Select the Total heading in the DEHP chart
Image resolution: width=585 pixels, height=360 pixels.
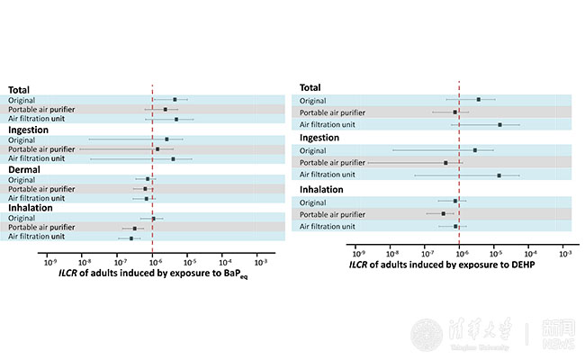click(310, 87)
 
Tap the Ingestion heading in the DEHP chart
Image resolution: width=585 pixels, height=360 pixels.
click(319, 138)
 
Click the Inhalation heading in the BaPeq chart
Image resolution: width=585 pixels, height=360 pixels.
click(31, 208)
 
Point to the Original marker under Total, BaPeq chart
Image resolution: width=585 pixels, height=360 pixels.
click(175, 100)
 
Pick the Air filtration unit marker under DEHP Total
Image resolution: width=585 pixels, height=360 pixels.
click(499, 125)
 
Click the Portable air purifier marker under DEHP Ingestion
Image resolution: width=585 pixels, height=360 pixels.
click(445, 163)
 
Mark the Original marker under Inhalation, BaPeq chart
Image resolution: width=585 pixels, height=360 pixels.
click(154, 219)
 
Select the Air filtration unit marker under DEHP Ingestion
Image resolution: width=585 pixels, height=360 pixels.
click(499, 175)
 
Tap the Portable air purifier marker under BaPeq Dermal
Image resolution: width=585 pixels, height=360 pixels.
click(146, 189)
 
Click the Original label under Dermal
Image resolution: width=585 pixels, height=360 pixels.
click(22, 179)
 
